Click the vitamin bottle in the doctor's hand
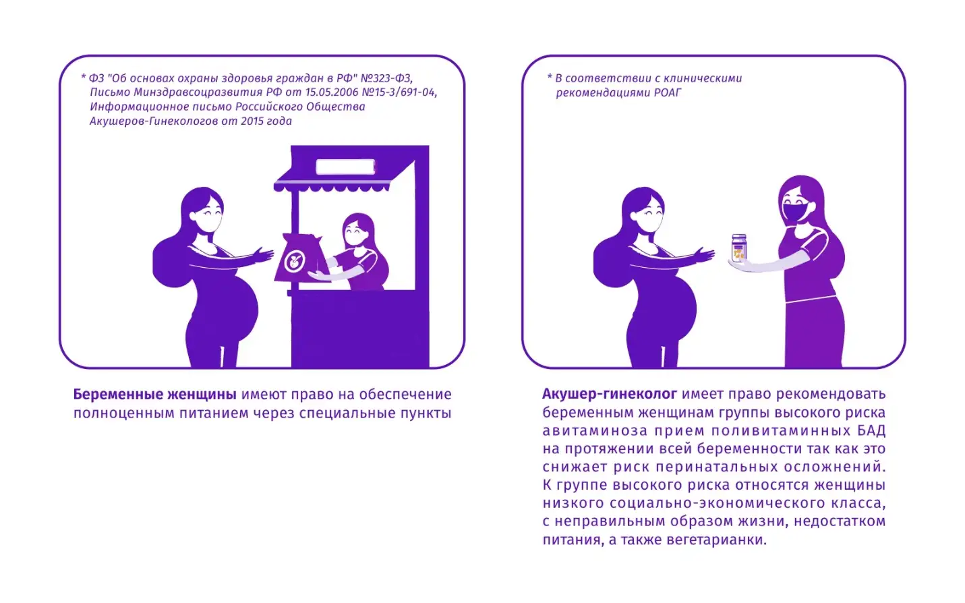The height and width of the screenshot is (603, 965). click(x=739, y=248)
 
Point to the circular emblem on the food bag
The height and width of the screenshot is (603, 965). click(x=294, y=260)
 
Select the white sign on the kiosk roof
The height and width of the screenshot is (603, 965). click(x=345, y=167)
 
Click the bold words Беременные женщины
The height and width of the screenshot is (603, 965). click(x=154, y=395)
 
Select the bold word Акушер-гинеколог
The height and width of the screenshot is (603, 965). click(x=610, y=394)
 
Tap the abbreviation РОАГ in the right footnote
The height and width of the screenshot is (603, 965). click(x=668, y=92)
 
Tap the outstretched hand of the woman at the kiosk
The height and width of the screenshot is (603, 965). click(x=263, y=254)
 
